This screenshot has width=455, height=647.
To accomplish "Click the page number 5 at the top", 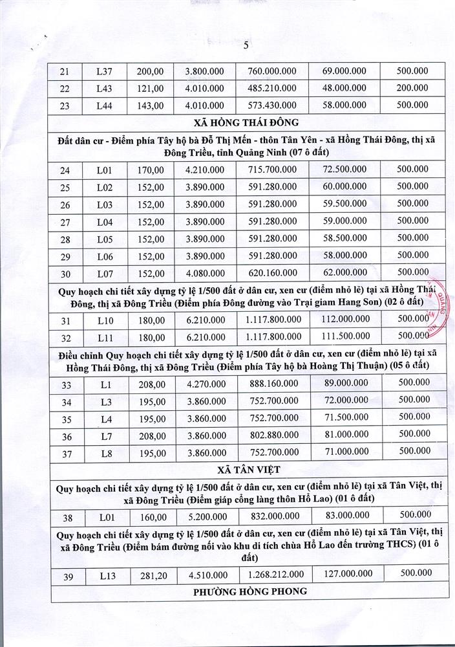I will click(x=246, y=45).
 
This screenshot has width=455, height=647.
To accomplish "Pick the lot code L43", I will click(x=105, y=89).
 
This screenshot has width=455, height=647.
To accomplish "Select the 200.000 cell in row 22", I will click(x=412, y=88).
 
